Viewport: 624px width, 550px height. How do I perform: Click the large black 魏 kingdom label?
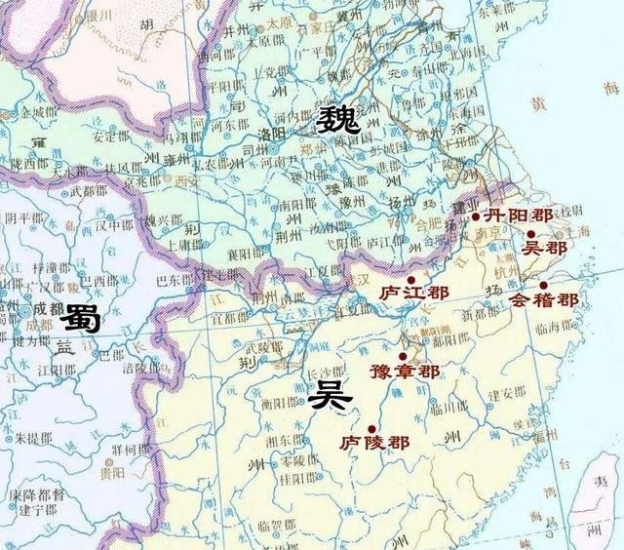click(337, 122)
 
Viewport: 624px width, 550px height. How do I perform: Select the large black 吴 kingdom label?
click(326, 395)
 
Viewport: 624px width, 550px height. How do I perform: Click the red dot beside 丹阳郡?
click(475, 216)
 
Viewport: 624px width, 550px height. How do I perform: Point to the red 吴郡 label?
click(545, 249)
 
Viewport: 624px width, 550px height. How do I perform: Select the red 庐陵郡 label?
click(374, 443)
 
